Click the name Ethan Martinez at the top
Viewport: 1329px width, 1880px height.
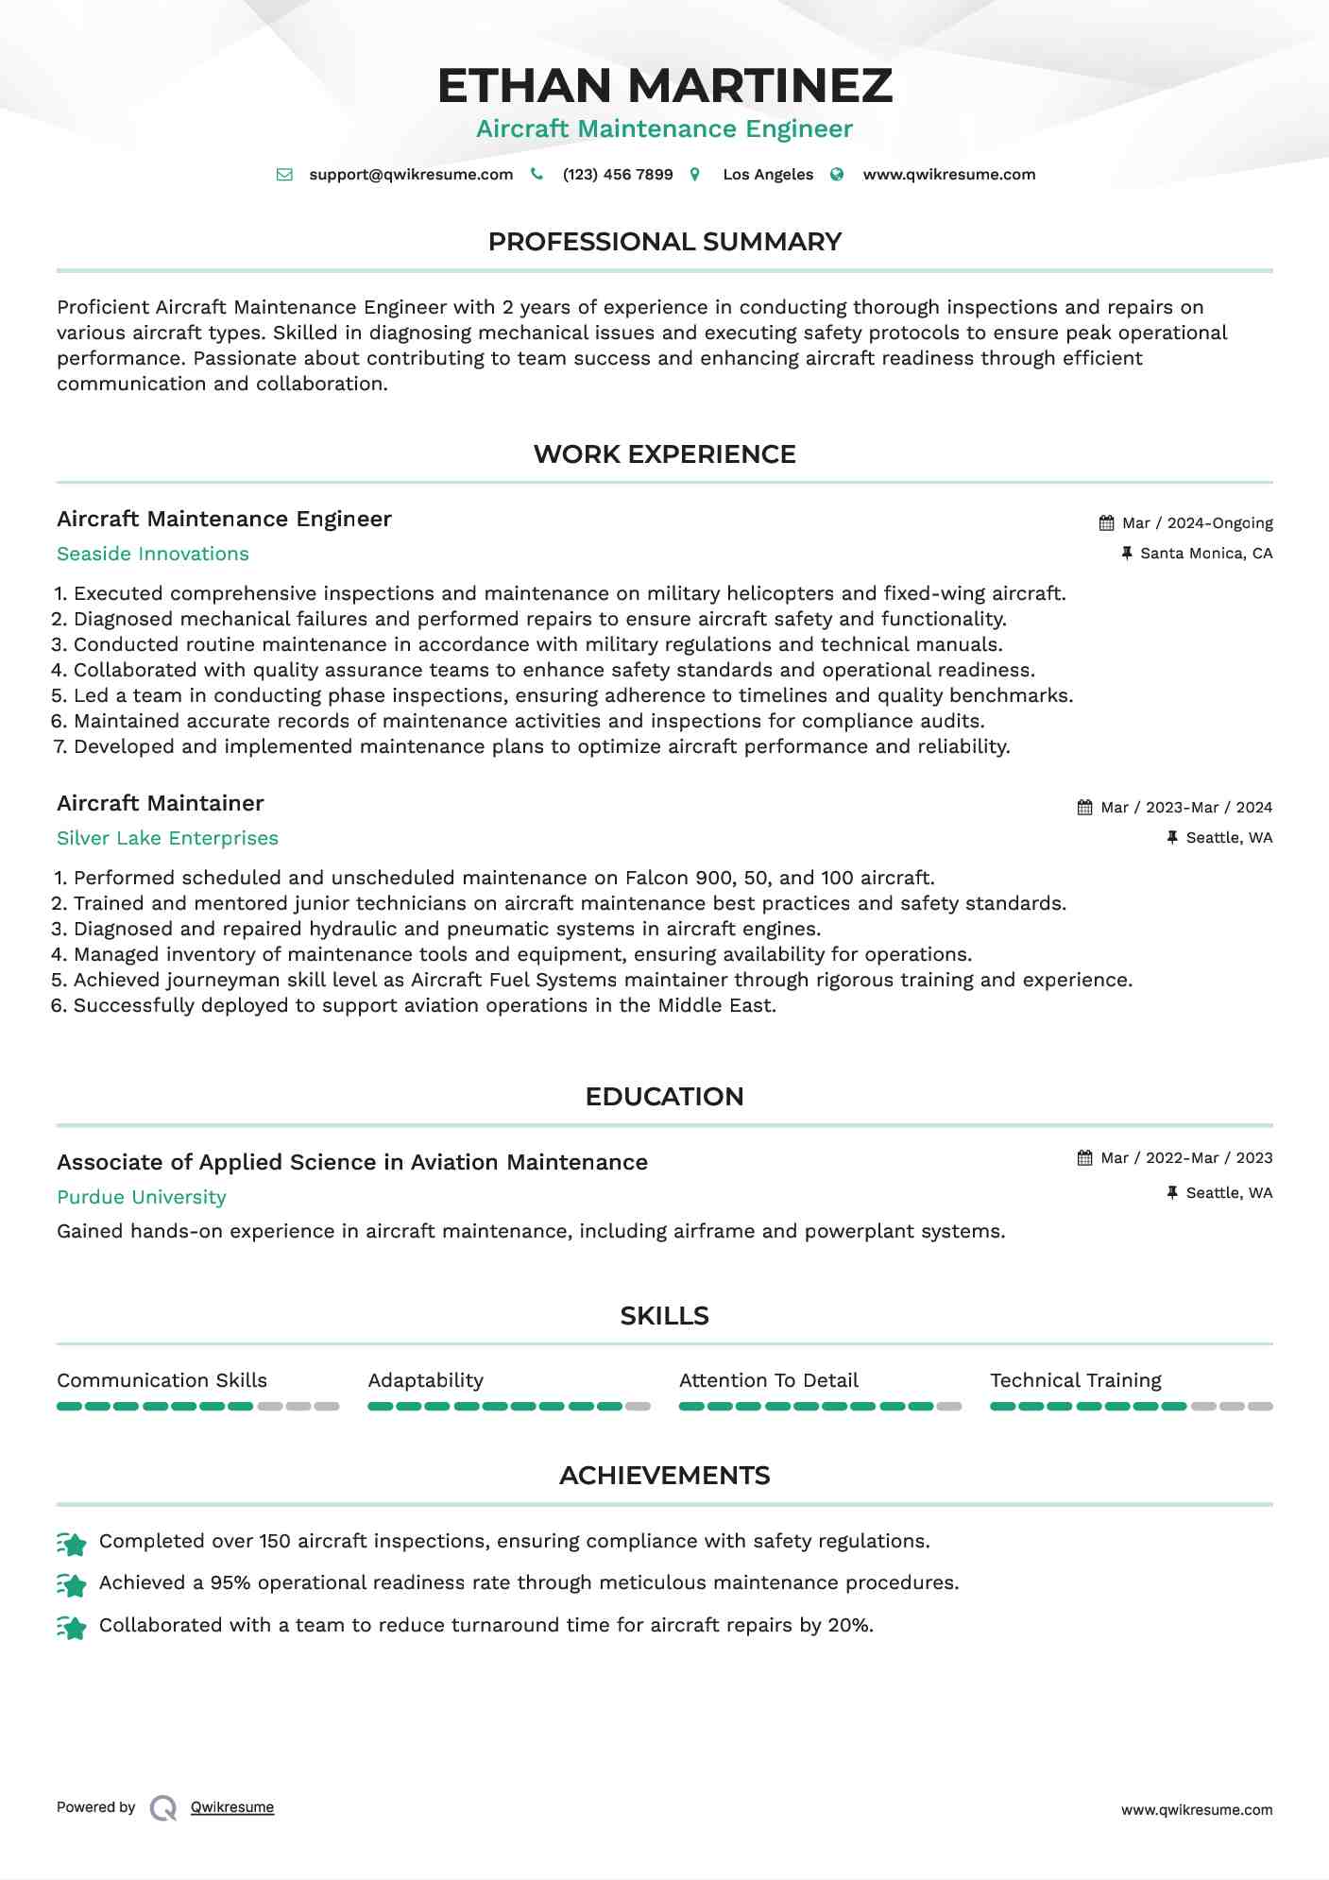point(664,85)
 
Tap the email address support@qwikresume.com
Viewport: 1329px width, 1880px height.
point(411,175)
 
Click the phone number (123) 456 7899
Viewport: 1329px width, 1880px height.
point(617,175)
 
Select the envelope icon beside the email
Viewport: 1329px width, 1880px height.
point(284,175)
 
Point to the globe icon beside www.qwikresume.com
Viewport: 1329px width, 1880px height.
point(837,175)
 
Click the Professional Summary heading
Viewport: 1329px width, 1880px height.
point(664,242)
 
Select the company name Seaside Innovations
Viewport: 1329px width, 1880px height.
point(153,554)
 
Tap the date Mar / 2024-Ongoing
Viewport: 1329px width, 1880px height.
point(1197,523)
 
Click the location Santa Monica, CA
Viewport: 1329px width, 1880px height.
point(1205,554)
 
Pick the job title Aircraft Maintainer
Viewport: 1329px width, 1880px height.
point(161,803)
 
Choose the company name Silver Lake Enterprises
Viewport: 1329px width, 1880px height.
point(167,838)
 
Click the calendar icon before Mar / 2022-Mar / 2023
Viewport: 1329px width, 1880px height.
point(1084,1158)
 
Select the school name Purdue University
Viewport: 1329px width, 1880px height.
point(142,1197)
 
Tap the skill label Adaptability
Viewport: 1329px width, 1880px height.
point(425,1380)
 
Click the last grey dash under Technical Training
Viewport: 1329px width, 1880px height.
point(1260,1407)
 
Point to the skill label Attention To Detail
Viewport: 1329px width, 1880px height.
point(768,1380)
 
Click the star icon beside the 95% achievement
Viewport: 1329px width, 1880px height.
point(72,1584)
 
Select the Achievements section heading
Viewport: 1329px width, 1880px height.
point(664,1476)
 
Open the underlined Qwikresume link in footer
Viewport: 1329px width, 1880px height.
point(232,1807)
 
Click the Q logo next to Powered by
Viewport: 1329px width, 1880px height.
point(163,1808)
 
